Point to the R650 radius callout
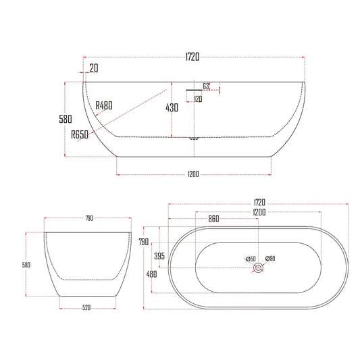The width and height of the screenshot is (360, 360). click(80, 134)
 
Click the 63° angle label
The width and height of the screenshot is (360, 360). click(206, 86)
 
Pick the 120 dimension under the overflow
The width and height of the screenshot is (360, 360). click(198, 99)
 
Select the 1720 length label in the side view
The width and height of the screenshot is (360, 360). click(192, 58)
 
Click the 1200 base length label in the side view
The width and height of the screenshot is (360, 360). click(193, 174)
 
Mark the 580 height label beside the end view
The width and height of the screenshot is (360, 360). click(26, 265)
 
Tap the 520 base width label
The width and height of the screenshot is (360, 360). click(86, 308)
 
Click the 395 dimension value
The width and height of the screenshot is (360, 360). click(160, 257)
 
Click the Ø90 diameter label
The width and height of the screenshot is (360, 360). click(270, 259)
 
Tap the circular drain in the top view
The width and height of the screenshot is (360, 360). click(258, 268)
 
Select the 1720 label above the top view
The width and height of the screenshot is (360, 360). click(259, 202)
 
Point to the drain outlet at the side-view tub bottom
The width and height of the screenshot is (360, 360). click(195, 138)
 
